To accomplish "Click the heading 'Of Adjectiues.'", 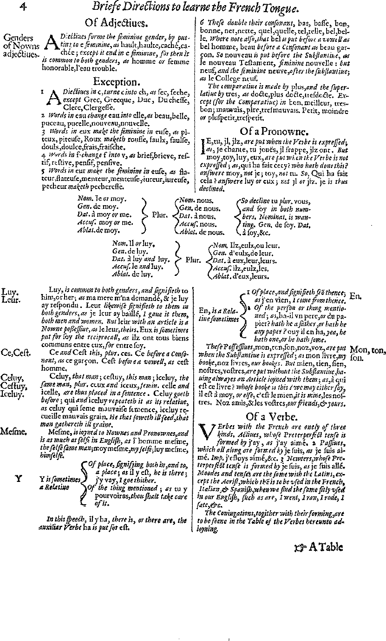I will coord(115,23).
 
